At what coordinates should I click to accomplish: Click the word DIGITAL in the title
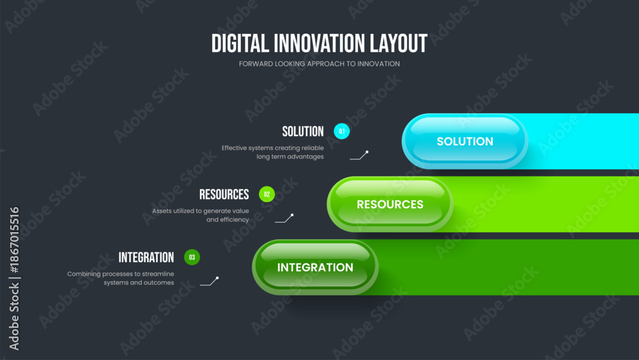click(x=240, y=43)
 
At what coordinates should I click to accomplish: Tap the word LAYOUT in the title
click(x=399, y=43)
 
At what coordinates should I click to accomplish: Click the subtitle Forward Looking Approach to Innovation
click(x=319, y=63)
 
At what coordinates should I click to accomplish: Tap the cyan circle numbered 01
click(x=341, y=131)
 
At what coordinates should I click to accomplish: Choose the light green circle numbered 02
click(x=267, y=194)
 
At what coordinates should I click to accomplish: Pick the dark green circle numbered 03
click(x=192, y=257)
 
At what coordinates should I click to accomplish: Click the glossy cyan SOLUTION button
click(x=465, y=141)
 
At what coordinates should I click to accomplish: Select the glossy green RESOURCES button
click(x=390, y=204)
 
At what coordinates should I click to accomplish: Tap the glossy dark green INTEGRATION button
click(x=315, y=267)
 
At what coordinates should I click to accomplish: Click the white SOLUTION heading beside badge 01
click(x=303, y=132)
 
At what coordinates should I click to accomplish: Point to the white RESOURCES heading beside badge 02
click(x=224, y=194)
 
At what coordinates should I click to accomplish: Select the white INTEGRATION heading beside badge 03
click(x=146, y=258)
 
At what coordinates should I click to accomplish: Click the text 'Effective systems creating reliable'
click(x=273, y=148)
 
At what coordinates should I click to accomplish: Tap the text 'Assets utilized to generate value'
click(x=201, y=211)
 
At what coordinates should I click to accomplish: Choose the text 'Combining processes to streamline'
click(x=121, y=274)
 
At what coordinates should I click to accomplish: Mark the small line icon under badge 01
click(x=359, y=155)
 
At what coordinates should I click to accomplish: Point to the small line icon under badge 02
click(x=284, y=218)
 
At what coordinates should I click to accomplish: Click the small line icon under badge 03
click(x=210, y=281)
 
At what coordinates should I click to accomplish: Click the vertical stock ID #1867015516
click(x=14, y=240)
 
